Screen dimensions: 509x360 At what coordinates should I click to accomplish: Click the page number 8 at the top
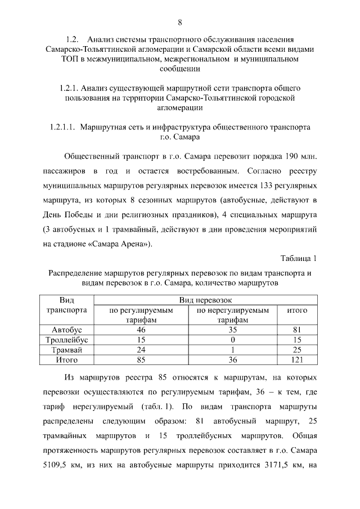tap(180, 22)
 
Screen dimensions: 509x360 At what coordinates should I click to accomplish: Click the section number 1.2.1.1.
tap(62, 127)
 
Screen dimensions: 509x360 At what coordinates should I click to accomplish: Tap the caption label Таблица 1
tap(299, 258)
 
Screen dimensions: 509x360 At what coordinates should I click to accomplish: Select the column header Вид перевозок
tap(205, 300)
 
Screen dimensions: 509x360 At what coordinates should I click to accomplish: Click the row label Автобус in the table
tap(67, 330)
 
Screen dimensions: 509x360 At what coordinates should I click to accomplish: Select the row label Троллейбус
tap(67, 340)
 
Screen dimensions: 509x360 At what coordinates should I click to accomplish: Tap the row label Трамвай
tap(67, 349)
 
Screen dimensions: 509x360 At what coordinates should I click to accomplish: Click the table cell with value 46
tap(141, 330)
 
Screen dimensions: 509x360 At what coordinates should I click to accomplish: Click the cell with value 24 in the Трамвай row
tap(141, 349)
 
